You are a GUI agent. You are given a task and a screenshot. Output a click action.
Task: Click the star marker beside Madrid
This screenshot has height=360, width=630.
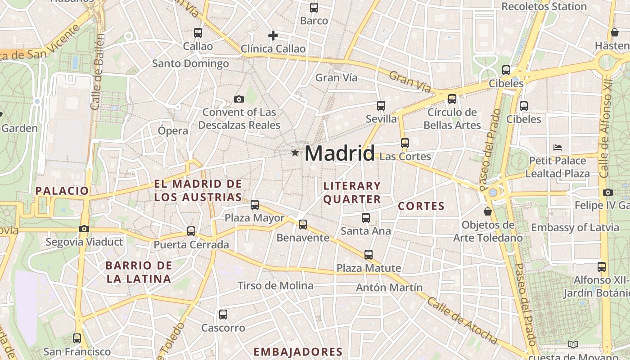point(295,153)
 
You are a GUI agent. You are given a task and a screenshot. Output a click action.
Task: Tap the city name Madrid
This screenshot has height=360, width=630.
point(339,153)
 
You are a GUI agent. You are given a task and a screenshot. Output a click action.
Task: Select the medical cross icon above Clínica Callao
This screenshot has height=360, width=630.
point(273,36)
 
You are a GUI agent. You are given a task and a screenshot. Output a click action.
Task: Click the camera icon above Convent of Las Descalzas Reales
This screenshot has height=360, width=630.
point(239,99)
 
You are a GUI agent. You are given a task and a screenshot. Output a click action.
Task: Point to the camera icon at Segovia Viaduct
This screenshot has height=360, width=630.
point(84,229)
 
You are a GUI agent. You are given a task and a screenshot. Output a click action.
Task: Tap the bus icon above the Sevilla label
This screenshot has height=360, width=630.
point(381,106)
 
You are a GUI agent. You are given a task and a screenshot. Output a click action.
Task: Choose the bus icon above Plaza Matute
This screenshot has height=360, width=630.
point(369,255)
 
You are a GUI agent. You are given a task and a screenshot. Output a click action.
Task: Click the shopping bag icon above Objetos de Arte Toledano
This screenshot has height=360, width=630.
point(487,211)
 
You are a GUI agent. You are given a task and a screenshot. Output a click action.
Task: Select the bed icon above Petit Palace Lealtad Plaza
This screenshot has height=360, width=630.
point(558,147)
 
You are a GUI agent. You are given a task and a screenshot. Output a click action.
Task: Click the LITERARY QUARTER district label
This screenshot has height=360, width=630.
point(352,192)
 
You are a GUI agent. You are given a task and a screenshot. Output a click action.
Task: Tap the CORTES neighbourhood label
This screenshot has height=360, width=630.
point(421,206)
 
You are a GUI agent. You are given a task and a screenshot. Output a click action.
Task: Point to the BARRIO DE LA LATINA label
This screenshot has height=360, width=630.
point(139,272)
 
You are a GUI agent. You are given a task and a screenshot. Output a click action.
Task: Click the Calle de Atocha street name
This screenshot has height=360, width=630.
point(462,321)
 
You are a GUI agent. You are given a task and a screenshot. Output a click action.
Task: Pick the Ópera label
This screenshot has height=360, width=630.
point(173,130)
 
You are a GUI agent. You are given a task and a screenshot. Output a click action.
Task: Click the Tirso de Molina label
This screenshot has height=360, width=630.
point(275,286)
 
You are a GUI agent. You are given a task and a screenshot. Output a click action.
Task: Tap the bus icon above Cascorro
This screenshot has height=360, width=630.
point(223,315)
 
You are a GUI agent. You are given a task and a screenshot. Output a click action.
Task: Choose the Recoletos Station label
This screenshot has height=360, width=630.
point(544,6)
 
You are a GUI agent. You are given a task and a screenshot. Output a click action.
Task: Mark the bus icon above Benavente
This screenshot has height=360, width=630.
point(303,224)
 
